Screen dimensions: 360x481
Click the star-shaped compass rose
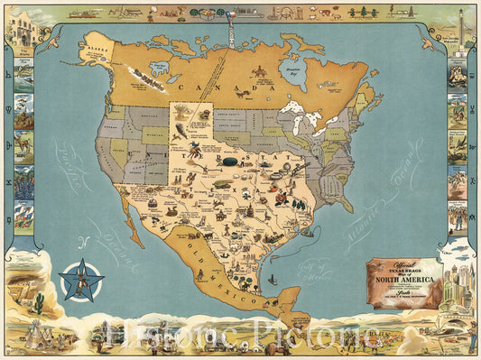click(x=82, y=279)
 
